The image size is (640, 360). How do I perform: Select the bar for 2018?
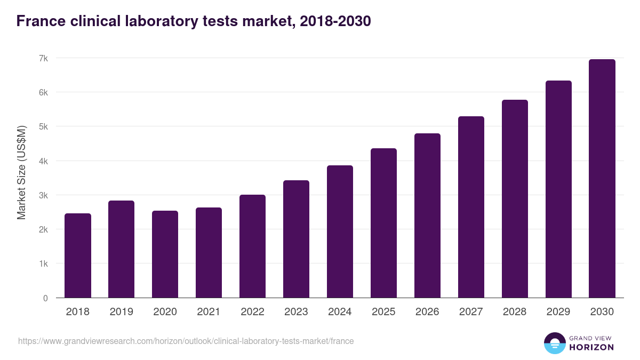point(78,256)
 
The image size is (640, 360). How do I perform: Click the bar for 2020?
point(165,254)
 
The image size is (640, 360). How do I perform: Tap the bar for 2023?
point(297,239)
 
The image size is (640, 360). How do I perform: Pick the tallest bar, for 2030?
point(602,179)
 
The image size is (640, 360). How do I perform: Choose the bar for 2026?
point(428,216)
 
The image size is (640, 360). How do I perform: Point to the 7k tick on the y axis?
point(43,58)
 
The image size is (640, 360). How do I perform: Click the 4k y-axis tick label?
point(43,161)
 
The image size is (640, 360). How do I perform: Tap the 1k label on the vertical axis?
point(43,264)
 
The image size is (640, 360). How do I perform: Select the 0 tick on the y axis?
point(45,298)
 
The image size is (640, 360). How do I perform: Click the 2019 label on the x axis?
point(122,312)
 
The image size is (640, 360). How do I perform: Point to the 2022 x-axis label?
point(253,312)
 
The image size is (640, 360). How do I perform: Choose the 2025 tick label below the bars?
point(384,312)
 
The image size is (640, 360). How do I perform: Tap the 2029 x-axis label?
point(558,312)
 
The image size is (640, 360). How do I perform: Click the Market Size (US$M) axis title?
point(22,172)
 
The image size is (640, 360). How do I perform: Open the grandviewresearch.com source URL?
point(186,341)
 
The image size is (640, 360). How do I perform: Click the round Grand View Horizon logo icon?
point(554,343)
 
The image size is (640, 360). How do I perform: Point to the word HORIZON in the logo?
point(591,347)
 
